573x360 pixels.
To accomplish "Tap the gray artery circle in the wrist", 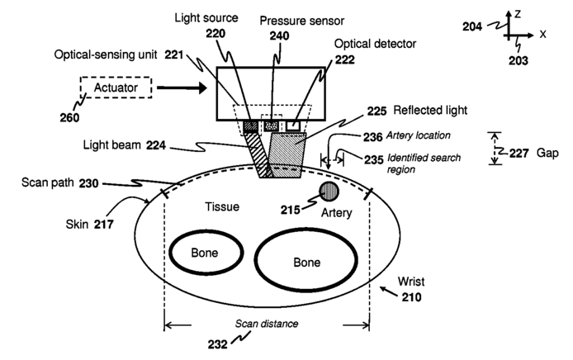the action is [329, 192].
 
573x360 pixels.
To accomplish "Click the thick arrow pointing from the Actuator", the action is [182, 88].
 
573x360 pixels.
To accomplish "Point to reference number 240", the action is [280, 36].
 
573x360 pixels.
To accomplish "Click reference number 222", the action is [344, 59].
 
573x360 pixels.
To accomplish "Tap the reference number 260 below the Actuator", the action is [69, 118].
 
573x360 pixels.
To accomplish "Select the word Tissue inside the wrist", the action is [222, 207].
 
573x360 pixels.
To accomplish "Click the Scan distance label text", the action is [267, 324].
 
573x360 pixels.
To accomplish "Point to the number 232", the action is [218, 344].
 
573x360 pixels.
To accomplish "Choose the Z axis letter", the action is [517, 14].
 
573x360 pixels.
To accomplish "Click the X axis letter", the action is [542, 35].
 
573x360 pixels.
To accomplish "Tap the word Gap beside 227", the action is [547, 153].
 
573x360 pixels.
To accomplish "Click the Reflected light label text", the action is [430, 111].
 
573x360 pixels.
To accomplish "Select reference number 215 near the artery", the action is [290, 210].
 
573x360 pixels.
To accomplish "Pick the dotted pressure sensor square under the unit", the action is [271, 126].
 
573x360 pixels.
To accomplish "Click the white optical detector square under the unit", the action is [293, 126].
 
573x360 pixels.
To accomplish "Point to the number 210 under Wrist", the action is [411, 297].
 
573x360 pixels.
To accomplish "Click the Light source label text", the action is [206, 18].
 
